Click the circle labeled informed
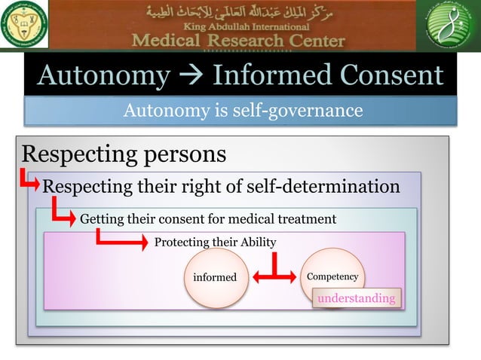pos(216,277)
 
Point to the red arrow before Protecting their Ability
pos(121,241)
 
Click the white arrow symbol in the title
pos(191,76)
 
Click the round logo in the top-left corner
pos(24,26)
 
